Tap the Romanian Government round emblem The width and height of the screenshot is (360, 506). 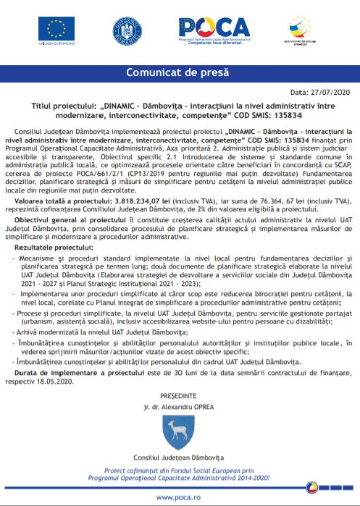point(126,30)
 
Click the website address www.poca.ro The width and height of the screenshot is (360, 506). point(180,497)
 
